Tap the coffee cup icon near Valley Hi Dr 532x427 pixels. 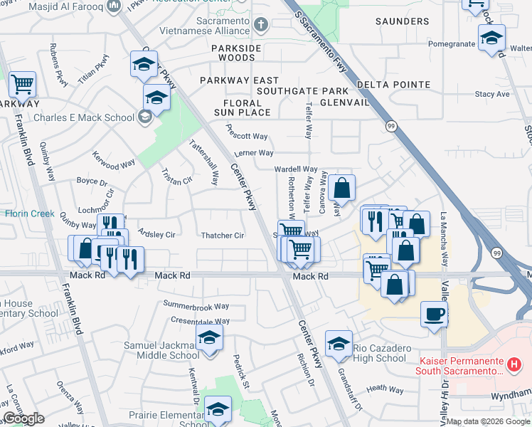click(434, 314)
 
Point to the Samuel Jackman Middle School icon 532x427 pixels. click(209, 338)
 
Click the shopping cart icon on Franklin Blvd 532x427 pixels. click(22, 84)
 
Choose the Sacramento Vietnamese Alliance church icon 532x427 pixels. click(261, 26)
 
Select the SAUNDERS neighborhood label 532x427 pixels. click(402, 21)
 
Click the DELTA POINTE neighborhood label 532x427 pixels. click(388, 84)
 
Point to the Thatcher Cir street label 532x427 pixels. click(223, 236)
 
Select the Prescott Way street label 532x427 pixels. click(246, 136)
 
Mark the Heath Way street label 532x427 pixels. click(385, 389)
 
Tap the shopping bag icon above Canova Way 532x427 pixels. click(341, 189)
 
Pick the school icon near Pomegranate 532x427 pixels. click(491, 38)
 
